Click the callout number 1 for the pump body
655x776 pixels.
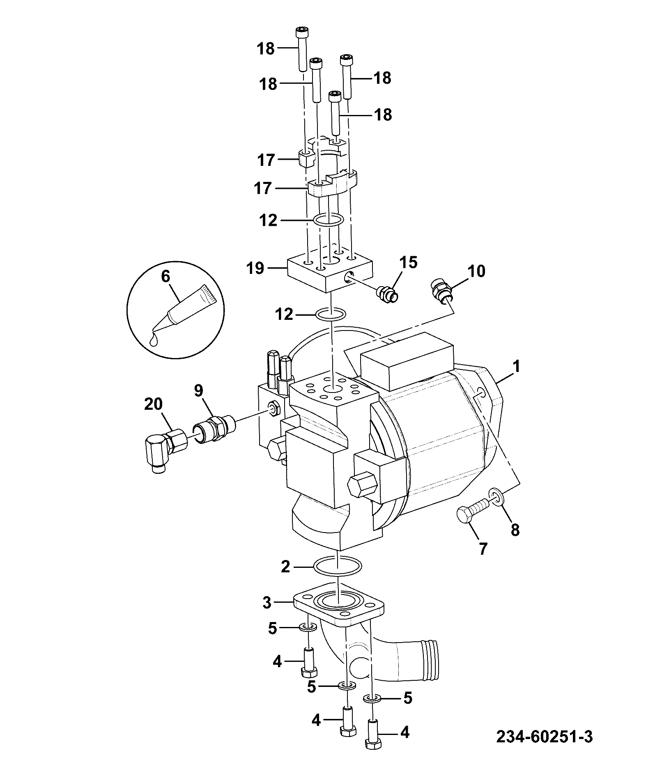tap(516, 366)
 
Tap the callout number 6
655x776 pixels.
tap(165, 276)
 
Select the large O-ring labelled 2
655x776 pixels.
tap(338, 567)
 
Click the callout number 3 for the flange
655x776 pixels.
tap(267, 603)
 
